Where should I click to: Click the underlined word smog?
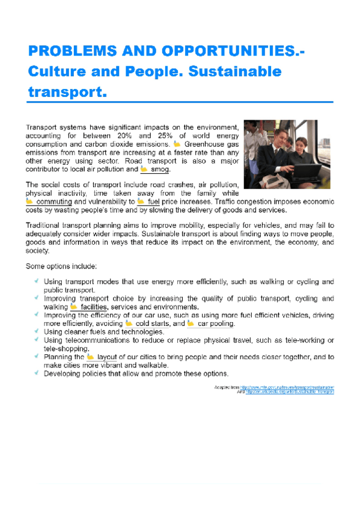160,169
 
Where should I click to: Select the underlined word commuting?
54,202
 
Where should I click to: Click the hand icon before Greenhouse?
177,144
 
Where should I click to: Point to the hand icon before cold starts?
129,324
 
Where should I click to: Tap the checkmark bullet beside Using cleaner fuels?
37,331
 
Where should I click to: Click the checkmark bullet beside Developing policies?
37,373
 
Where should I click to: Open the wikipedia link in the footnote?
290,392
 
